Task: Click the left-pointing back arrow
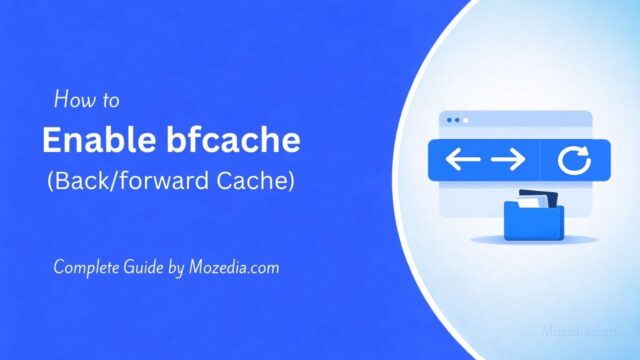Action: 462,160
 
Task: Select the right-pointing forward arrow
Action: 507,160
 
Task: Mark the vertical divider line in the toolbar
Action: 540,160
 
